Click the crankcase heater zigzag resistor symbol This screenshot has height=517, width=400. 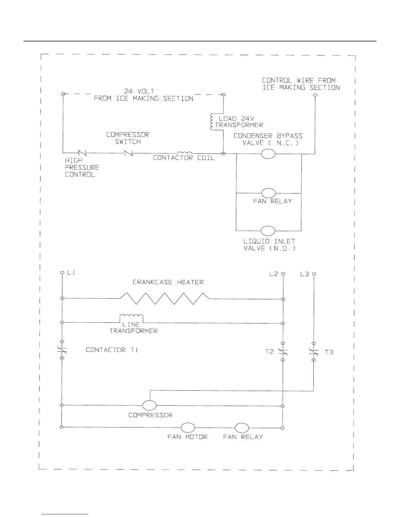tap(164, 298)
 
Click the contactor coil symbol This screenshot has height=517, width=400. tap(185, 153)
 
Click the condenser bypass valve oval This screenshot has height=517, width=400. tap(268, 153)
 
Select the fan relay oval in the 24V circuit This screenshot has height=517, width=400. tap(268, 193)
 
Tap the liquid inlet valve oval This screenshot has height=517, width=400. tap(268, 230)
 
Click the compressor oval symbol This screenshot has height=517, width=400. tap(149, 405)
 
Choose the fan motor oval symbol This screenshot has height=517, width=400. tap(188, 427)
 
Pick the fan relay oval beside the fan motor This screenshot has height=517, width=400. tap(242, 427)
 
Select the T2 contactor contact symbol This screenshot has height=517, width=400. tap(283, 352)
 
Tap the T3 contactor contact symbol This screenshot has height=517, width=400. tap(313, 352)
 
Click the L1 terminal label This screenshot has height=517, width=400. tap(71, 273)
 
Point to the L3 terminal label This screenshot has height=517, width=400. tap(305, 274)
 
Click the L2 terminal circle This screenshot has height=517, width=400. tap(283, 274)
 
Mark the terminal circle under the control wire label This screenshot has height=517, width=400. tap(315, 95)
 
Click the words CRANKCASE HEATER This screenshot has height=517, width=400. tap(168, 282)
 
